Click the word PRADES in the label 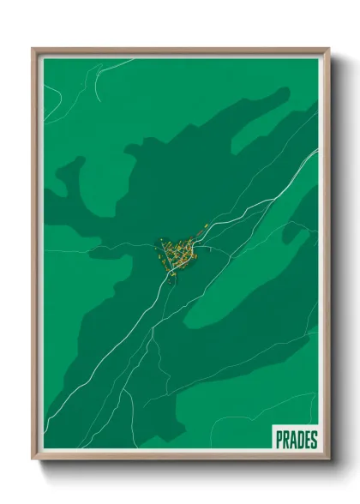pos(297,441)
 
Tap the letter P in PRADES pos(279,441)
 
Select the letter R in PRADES pos(286,441)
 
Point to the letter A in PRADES pos(293,441)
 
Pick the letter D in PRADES pos(300,441)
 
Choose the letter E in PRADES pos(307,441)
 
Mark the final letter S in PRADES pos(314,441)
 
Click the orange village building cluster pos(177,255)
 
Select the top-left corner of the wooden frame pos(33,50)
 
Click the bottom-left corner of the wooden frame pos(33,459)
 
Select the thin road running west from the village pos(103,251)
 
